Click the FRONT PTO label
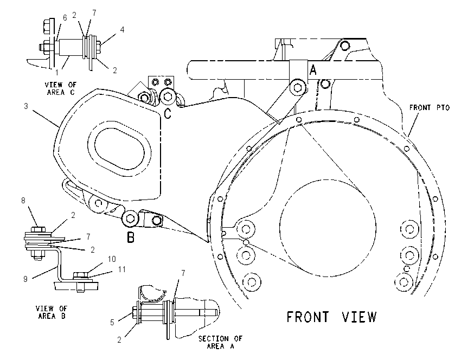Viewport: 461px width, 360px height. [430, 108]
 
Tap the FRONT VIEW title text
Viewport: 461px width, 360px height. [331, 317]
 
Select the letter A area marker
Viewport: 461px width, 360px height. [313, 70]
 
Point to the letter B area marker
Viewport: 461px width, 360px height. [131, 237]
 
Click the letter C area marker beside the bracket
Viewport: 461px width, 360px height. [167, 113]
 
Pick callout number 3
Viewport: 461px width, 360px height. [26, 106]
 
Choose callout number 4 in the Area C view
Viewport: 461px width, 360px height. [122, 29]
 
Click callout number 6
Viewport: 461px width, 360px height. [65, 18]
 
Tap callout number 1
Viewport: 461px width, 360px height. [57, 72]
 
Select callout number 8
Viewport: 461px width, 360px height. [23, 201]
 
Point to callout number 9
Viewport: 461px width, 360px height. [25, 279]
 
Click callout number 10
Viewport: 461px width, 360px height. [112, 259]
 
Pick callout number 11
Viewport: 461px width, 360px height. [121, 269]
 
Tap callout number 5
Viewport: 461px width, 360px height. [112, 323]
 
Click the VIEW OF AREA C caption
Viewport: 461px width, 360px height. [60, 88]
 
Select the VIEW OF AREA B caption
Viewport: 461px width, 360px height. [52, 312]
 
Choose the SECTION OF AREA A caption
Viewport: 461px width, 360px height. [220, 342]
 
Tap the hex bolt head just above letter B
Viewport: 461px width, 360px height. [130, 218]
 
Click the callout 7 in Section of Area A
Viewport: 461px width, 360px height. [183, 273]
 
